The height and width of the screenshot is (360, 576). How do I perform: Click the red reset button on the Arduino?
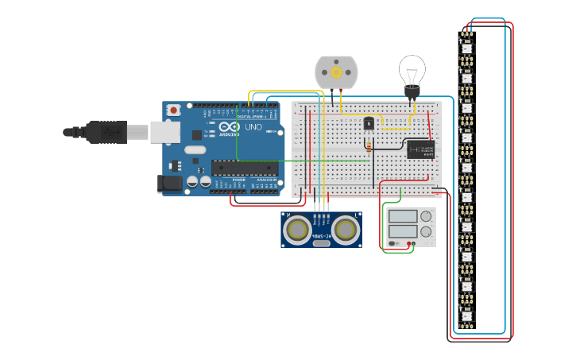click(172, 110)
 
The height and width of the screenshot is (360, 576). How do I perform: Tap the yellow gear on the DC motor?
click(336, 72)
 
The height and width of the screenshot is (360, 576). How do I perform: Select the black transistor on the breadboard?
click(369, 123)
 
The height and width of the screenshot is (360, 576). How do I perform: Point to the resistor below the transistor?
click(369, 145)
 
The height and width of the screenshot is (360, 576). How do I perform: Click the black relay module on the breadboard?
click(420, 149)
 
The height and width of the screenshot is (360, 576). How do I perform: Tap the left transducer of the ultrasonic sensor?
click(298, 230)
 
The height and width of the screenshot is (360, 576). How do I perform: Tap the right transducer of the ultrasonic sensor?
click(346, 230)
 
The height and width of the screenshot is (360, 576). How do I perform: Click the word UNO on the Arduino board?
click(253, 127)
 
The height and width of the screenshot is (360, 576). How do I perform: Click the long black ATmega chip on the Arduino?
click(245, 168)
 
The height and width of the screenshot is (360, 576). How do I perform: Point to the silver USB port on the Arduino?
click(164, 131)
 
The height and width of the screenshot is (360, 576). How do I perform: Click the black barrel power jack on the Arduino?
click(170, 184)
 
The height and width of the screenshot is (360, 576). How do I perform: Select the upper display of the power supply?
click(401, 216)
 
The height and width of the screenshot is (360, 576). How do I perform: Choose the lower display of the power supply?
click(401, 232)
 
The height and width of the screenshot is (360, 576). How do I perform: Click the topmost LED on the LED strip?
click(466, 48)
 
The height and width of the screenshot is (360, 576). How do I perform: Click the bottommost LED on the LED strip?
click(466, 316)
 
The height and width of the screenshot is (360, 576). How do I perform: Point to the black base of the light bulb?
click(412, 92)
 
